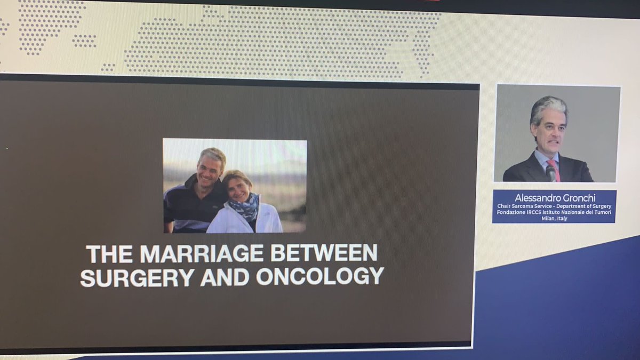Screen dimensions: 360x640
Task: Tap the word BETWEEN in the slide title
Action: pos(324,253)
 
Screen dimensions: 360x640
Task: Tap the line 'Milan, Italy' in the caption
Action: pos(554,219)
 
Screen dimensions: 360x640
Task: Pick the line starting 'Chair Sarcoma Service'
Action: pos(554,206)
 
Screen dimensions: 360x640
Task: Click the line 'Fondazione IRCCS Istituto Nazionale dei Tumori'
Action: pos(554,212)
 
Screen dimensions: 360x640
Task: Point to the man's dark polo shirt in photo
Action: pos(187,211)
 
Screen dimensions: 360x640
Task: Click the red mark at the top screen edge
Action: pos(430,2)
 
